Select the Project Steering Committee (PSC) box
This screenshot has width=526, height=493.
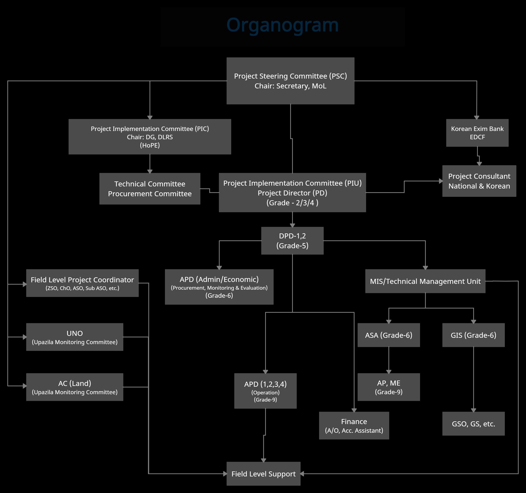290,81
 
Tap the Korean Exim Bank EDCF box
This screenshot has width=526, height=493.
477,133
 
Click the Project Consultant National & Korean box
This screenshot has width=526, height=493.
479,181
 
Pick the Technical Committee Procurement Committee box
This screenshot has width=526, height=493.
150,189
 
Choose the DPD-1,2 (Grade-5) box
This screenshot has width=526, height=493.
292,241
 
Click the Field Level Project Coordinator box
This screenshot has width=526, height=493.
82,283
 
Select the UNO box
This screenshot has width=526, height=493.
75,337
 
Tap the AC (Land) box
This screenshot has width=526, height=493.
75,387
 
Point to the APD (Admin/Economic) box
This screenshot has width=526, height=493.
219,287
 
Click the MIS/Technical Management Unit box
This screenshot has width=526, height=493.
425,281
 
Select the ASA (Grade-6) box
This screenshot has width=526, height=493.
388,335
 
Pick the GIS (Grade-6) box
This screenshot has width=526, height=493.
473,335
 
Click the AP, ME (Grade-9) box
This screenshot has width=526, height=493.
388,387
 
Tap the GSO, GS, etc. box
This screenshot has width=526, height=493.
473,424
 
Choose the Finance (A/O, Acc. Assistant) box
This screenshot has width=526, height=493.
354,426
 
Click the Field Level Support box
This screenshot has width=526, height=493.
263,474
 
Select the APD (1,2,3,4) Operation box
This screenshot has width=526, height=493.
265,391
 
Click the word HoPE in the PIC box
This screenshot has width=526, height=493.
150,145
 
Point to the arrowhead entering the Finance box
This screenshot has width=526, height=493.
354,410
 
